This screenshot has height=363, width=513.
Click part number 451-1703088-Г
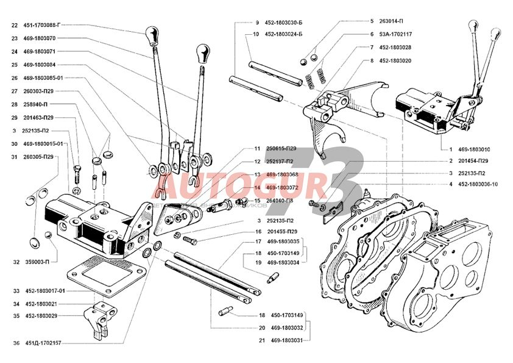coord(44,26)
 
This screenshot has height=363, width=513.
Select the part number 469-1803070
coord(40,38)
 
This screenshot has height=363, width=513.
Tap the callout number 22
coord(15,26)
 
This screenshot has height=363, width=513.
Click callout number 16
coord(258,232)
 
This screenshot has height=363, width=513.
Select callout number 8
coord(370,60)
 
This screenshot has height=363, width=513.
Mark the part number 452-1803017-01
coord(44,291)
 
